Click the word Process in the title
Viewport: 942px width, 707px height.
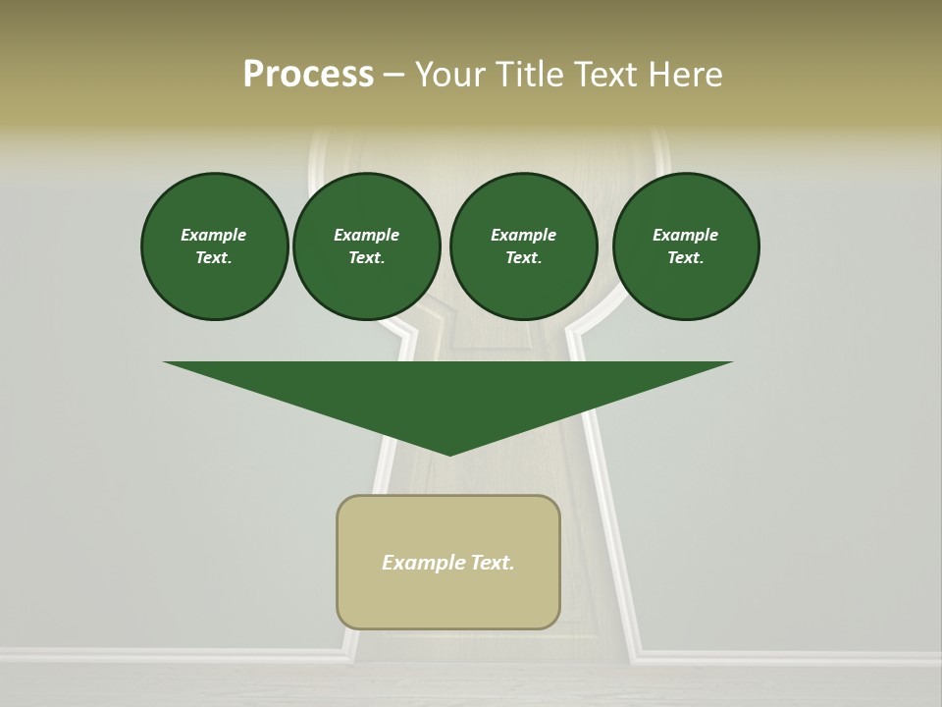pyautogui.click(x=308, y=75)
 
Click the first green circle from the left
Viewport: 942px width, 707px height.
pyautogui.click(x=215, y=246)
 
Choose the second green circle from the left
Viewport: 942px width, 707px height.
pyautogui.click(x=367, y=246)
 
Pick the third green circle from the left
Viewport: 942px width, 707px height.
pyautogui.click(x=523, y=246)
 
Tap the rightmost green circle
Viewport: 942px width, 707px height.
pyautogui.click(x=686, y=246)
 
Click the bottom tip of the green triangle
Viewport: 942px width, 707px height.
pyautogui.click(x=449, y=454)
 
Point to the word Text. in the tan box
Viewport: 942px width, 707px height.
pyautogui.click(x=492, y=563)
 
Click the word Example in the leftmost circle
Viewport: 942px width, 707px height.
pyautogui.click(x=214, y=235)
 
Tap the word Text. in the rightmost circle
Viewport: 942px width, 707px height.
pyautogui.click(x=686, y=258)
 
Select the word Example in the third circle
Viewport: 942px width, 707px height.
pyautogui.click(x=523, y=235)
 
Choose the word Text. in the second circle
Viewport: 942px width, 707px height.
pyautogui.click(x=367, y=258)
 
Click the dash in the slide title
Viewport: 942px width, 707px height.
pyautogui.click(x=394, y=75)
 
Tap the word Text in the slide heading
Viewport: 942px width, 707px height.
pyautogui.click(x=608, y=75)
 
